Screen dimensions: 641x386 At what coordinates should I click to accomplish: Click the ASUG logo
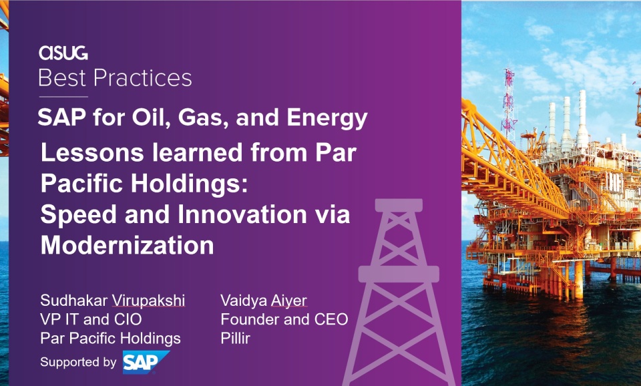point(63,53)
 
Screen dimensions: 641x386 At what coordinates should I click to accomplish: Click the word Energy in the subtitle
point(327,118)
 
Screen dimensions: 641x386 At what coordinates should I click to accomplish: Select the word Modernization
point(127,245)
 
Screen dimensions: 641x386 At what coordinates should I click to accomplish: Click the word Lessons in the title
point(92,152)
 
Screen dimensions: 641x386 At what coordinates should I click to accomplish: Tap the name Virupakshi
point(148,300)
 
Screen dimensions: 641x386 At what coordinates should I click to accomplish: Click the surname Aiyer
point(288,300)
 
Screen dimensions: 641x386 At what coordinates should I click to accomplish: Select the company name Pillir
point(236,338)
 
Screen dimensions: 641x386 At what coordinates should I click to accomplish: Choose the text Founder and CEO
point(284,319)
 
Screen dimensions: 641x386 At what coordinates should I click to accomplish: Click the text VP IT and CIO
point(91,319)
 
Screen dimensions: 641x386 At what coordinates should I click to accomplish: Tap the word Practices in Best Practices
point(143,77)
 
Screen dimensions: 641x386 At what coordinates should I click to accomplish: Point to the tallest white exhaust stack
point(582,119)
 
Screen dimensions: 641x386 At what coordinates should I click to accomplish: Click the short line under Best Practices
point(63,97)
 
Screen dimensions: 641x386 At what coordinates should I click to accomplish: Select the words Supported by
point(79,362)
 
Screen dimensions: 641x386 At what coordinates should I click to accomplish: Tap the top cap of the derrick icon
point(399,205)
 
